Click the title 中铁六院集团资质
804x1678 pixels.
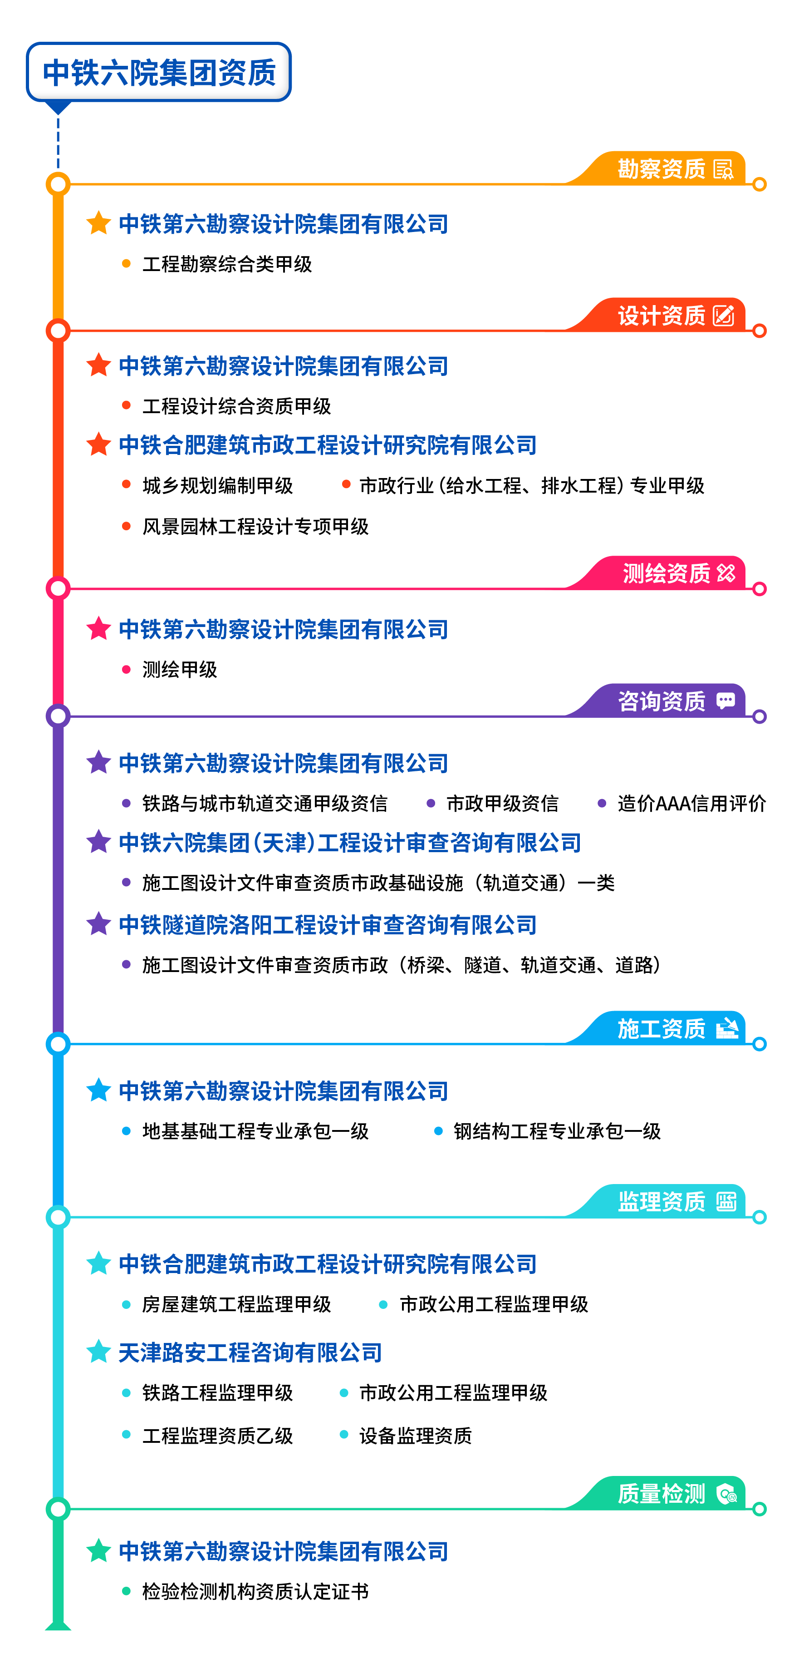pyautogui.click(x=159, y=72)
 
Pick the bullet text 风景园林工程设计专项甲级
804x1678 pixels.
pyautogui.click(x=255, y=526)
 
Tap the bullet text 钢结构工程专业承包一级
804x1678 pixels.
pyautogui.click(x=557, y=1131)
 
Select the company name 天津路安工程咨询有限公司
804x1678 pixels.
pyautogui.click(x=250, y=1353)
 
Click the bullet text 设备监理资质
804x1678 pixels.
pyautogui.click(x=415, y=1436)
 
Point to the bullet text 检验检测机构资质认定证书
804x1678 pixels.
pyautogui.click(x=255, y=1591)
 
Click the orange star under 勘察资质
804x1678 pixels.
pyautogui.click(x=98, y=223)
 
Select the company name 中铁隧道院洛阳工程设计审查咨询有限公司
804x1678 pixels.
pyautogui.click(x=328, y=925)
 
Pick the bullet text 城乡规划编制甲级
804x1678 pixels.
pyautogui.click(x=217, y=485)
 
